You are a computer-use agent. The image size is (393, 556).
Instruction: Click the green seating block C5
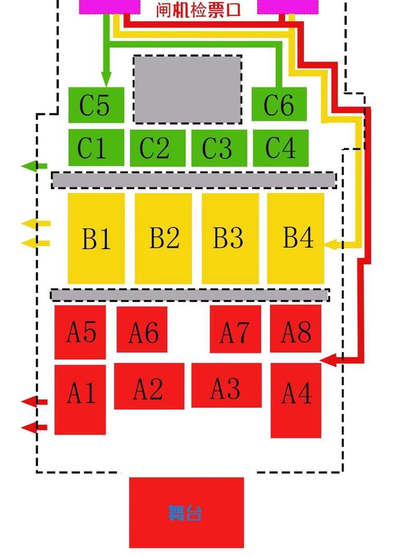click(x=96, y=105)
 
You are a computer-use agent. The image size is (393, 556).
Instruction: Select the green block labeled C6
click(x=279, y=105)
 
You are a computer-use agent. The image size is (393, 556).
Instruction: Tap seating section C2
click(x=157, y=148)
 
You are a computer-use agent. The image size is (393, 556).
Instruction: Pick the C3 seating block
click(x=219, y=148)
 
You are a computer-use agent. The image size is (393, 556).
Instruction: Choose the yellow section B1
click(x=96, y=238)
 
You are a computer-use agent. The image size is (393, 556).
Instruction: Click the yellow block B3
click(x=230, y=238)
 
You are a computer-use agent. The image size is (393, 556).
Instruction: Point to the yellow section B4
click(x=295, y=238)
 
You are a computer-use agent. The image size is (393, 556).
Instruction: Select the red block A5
click(x=80, y=332)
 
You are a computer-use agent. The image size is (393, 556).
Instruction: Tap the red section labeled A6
click(x=142, y=329)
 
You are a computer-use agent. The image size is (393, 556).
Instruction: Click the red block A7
click(x=235, y=329)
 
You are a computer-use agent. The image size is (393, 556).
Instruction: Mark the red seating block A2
click(x=149, y=386)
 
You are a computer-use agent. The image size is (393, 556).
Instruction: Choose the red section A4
click(x=296, y=400)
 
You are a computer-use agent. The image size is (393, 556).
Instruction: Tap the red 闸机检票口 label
click(x=198, y=10)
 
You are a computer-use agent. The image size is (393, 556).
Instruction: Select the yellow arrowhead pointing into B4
click(x=331, y=244)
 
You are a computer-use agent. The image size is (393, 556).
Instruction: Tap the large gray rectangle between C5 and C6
click(x=187, y=89)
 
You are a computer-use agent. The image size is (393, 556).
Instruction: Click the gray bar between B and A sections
click(x=189, y=295)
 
